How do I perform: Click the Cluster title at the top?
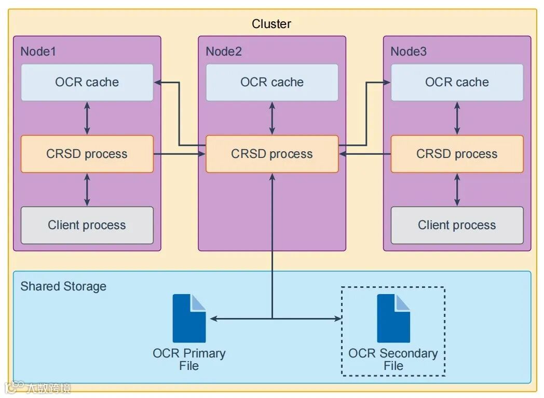click(x=271, y=24)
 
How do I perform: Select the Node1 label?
click(x=38, y=51)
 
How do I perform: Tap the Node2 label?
click(x=224, y=51)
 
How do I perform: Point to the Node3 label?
click(x=409, y=51)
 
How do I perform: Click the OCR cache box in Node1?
click(x=87, y=82)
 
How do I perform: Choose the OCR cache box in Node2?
click(x=272, y=82)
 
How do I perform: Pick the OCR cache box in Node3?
click(x=457, y=82)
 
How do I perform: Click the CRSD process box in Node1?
click(x=87, y=154)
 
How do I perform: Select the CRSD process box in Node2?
click(x=272, y=154)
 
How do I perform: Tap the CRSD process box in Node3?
click(x=457, y=154)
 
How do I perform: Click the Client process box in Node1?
click(x=87, y=225)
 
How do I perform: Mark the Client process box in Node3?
click(x=457, y=225)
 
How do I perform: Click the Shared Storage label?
click(x=63, y=286)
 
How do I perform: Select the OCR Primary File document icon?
click(x=189, y=318)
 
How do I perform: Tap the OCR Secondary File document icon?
click(x=393, y=318)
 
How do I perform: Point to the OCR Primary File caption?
click(x=189, y=359)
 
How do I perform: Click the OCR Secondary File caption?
click(x=393, y=359)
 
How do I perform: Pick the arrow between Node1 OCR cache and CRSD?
click(x=87, y=118)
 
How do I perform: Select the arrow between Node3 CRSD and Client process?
click(x=457, y=190)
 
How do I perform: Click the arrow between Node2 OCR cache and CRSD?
click(x=272, y=118)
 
